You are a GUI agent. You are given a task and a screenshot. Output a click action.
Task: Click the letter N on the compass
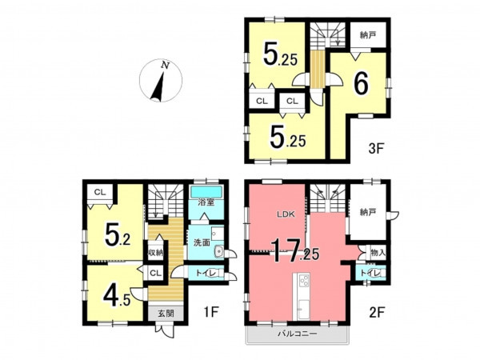point(166,65)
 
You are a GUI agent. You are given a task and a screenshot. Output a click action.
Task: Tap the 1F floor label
point(211,312)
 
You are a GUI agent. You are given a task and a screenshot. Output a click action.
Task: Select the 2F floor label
point(377,312)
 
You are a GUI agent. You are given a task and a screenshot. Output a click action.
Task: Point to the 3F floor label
point(376,149)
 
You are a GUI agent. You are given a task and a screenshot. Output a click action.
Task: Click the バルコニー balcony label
point(298,334)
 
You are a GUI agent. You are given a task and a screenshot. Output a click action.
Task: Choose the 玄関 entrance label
point(166,313)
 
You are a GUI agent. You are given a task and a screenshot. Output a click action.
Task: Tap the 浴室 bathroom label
point(206,202)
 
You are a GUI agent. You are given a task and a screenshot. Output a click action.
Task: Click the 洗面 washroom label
point(202,242)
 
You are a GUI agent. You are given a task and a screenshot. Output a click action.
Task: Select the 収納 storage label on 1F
point(156,253)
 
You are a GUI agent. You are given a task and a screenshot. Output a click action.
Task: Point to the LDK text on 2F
point(286,214)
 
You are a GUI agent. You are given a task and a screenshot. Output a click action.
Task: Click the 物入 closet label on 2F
point(378,253)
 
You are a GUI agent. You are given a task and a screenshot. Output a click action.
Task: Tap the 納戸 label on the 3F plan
point(368,35)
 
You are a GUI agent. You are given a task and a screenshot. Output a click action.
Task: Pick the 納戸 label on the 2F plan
point(368,212)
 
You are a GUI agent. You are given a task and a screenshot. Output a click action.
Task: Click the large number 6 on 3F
point(362,84)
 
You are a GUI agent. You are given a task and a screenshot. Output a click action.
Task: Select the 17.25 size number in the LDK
point(295,251)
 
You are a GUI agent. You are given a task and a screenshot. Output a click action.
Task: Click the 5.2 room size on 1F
point(118,235)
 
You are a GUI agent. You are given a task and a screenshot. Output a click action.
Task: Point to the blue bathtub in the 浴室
point(206,192)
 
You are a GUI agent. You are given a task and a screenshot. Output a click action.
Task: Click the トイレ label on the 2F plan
point(370,273)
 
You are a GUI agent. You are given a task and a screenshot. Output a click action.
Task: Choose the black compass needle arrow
point(158,86)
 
